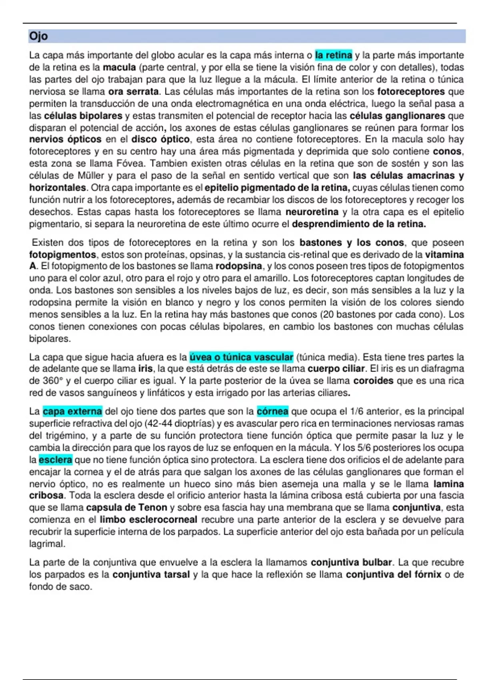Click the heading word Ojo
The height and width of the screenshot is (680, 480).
tap(38, 36)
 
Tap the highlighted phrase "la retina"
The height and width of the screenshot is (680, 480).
tap(334, 55)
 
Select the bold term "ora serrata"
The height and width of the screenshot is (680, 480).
tap(133, 92)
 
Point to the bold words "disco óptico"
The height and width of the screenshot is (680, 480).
tap(160, 140)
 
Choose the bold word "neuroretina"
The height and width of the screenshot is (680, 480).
tap(312, 212)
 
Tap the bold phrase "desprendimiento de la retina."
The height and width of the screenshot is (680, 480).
tap(359, 224)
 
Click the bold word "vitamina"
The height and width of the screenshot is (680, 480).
tap(444, 254)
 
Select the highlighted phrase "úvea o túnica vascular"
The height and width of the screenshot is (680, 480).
tap(241, 357)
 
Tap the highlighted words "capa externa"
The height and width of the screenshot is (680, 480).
tap(72, 412)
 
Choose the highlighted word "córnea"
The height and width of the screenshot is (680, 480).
tap(272, 412)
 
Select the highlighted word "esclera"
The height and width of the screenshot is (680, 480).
tap(56, 460)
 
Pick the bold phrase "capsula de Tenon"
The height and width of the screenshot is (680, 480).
tap(126, 508)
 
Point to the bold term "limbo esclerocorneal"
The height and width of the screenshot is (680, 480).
tap(148, 520)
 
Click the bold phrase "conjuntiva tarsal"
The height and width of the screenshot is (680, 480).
tap(151, 575)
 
